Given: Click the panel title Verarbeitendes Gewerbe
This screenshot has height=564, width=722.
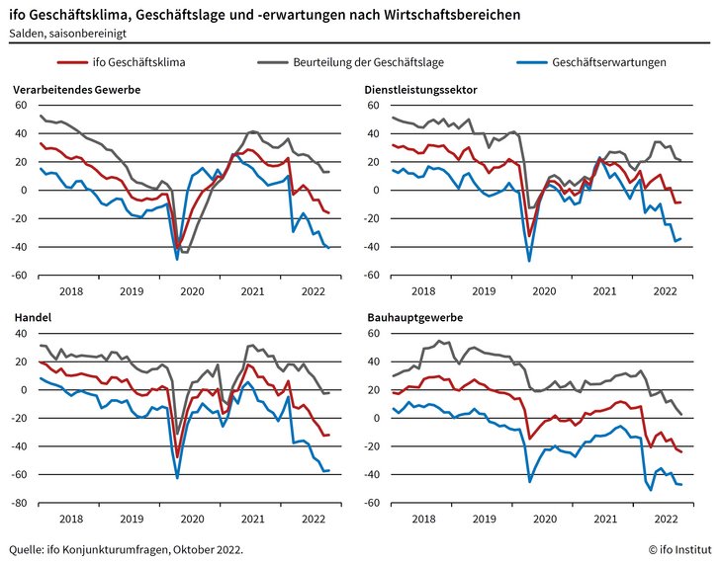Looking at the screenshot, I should click(77, 90).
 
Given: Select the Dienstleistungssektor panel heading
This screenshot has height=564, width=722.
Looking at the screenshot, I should click(421, 90).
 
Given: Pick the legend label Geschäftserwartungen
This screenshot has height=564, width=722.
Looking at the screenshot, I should click(610, 61).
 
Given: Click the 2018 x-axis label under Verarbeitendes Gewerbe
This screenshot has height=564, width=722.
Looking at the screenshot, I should click(70, 290).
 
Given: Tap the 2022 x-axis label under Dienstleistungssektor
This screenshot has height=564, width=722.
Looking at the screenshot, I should click(664, 290).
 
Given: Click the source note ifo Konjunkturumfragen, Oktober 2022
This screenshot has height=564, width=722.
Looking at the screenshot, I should click(125, 548).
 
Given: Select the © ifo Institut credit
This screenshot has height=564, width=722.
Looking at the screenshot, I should click(678, 548).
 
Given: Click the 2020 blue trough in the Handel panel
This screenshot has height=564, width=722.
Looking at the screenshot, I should click(177, 479).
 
